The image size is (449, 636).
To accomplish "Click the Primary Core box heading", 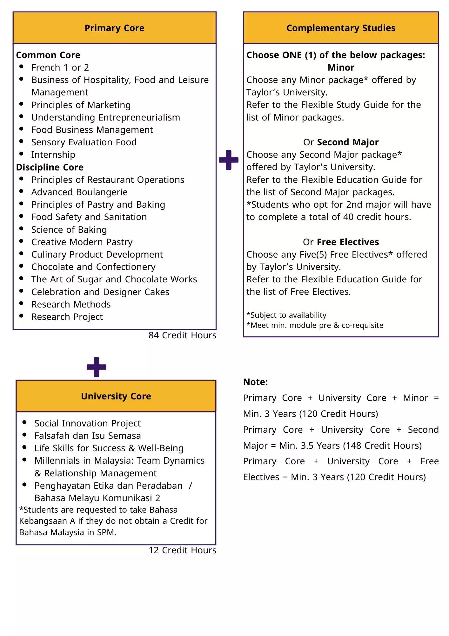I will pos(114,28).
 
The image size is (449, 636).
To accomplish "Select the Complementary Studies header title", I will pos(341,28).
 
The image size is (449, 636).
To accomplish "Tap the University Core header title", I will pos(116,396).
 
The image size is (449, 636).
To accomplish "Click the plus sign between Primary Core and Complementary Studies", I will pos(229,160).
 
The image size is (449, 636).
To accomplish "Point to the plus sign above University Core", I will pos(96,367).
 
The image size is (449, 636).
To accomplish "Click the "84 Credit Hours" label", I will pos(182,335).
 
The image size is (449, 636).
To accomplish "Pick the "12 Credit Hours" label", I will pos(182,550).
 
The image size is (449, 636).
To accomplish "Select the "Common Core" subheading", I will pos(48,55).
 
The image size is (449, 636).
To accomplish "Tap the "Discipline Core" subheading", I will pos(50,167).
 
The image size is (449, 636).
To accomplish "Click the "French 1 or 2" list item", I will pos(60,67).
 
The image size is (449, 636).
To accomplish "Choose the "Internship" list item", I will pos(53,155).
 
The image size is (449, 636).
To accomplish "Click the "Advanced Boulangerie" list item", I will pos(79,192).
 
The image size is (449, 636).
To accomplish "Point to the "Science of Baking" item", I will pos(69,230).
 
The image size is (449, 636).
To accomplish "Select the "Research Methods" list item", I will pos(71,304).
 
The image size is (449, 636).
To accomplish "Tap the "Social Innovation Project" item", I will pos(87,423).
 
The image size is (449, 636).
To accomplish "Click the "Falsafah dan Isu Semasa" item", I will pos(87,436).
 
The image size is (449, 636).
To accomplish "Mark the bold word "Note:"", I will pos(255,382).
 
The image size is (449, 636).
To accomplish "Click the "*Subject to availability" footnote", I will pos(286,315).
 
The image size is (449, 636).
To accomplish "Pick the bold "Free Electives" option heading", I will pos(348,242).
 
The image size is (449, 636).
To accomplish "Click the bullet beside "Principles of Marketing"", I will pos(21,104).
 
